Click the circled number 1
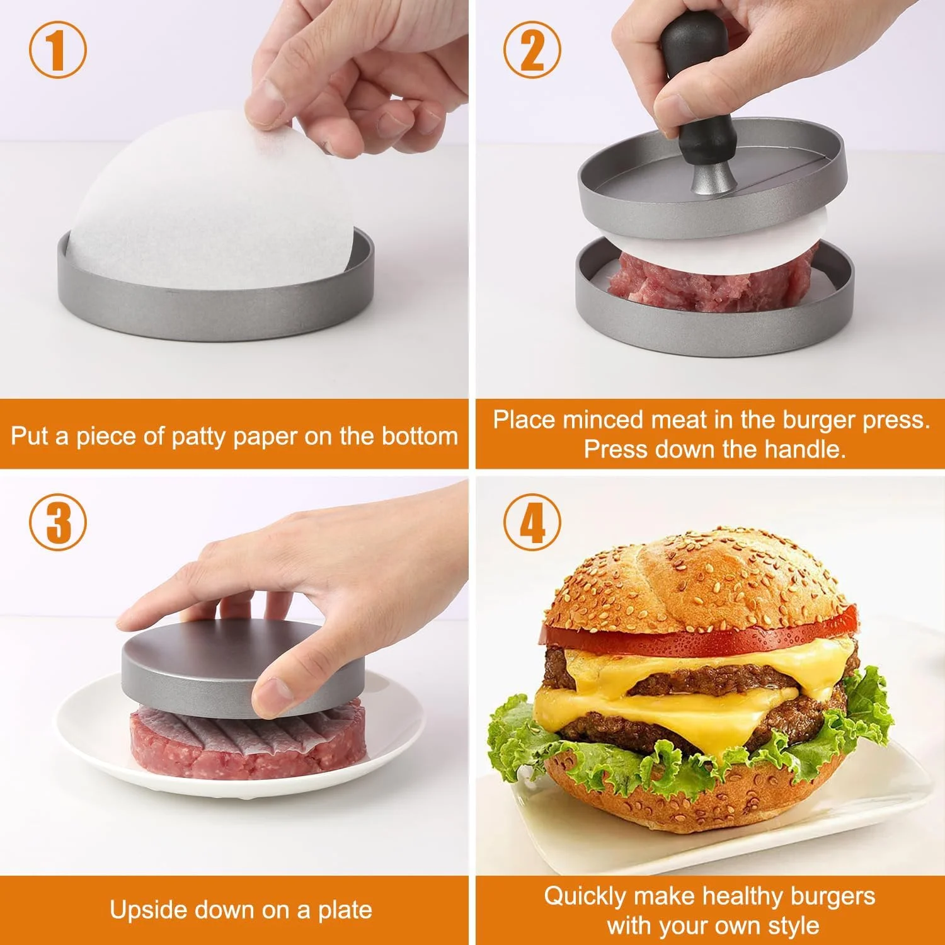pyautogui.click(x=57, y=50)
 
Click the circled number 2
pyautogui.click(x=532, y=50)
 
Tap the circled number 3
pyautogui.click(x=57, y=522)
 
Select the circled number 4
pyautogui.click(x=532, y=522)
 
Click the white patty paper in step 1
pyautogui.click(x=208, y=202)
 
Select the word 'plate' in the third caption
pyautogui.click(x=343, y=910)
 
